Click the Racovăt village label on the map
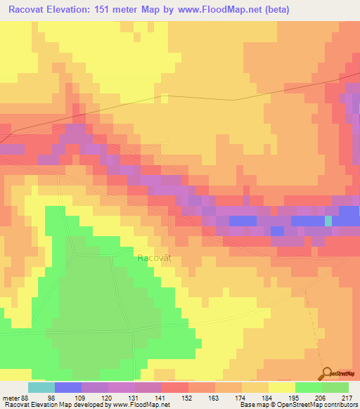153,258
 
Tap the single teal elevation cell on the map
328,220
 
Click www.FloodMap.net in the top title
212,9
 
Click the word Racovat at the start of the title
30,9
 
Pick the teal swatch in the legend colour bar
41,387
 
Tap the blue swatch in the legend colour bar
67,387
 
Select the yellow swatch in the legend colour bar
281,387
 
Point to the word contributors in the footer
340,405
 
